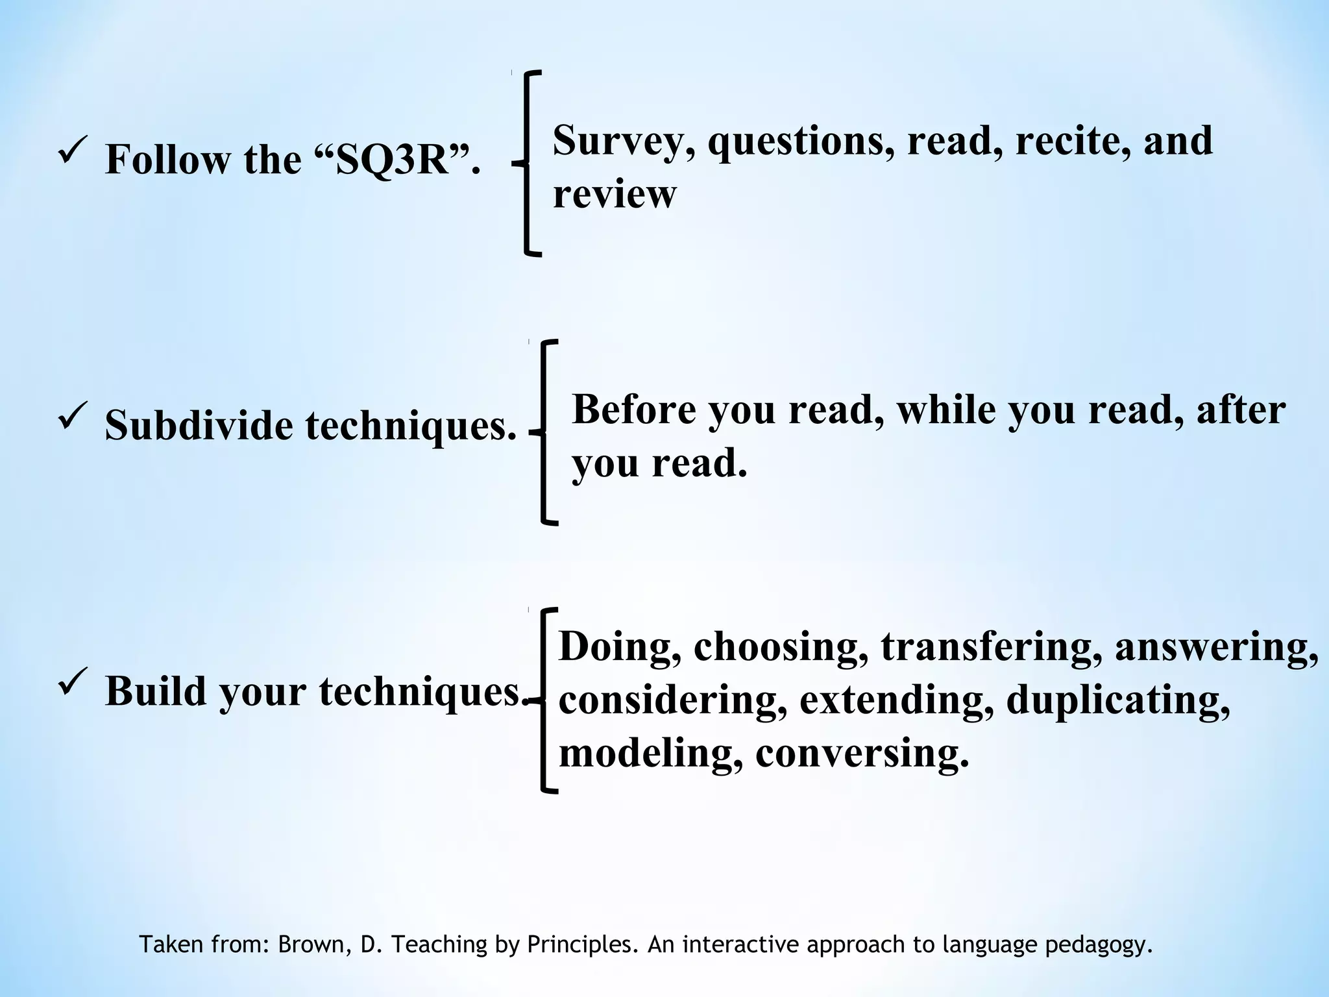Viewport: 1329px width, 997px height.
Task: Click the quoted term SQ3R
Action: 392,159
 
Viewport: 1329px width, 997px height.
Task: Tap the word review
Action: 614,194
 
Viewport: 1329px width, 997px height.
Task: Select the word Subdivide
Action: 199,426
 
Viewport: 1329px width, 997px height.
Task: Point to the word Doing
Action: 620,647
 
